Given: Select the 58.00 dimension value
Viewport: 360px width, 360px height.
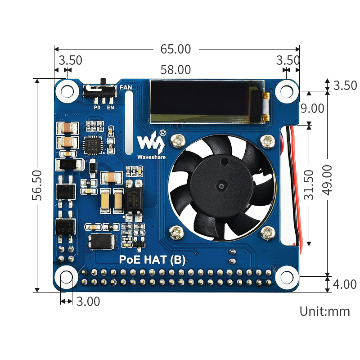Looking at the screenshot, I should (175, 70).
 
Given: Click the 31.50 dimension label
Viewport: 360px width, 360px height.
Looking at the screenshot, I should (309, 184).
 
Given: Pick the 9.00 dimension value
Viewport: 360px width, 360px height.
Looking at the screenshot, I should (312, 108).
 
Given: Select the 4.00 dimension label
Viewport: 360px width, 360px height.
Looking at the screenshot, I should (344, 284).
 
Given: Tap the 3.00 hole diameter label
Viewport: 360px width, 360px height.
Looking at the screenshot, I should (88, 301).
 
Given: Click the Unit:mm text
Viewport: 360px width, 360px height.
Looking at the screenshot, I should (324, 311).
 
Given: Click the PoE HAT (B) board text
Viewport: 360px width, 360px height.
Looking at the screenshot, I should (152, 260).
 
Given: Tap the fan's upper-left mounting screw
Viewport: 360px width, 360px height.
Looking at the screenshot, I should (177, 141).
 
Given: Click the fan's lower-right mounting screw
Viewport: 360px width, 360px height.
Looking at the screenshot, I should (268, 233).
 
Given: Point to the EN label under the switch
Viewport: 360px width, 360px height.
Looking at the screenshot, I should (110, 108).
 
